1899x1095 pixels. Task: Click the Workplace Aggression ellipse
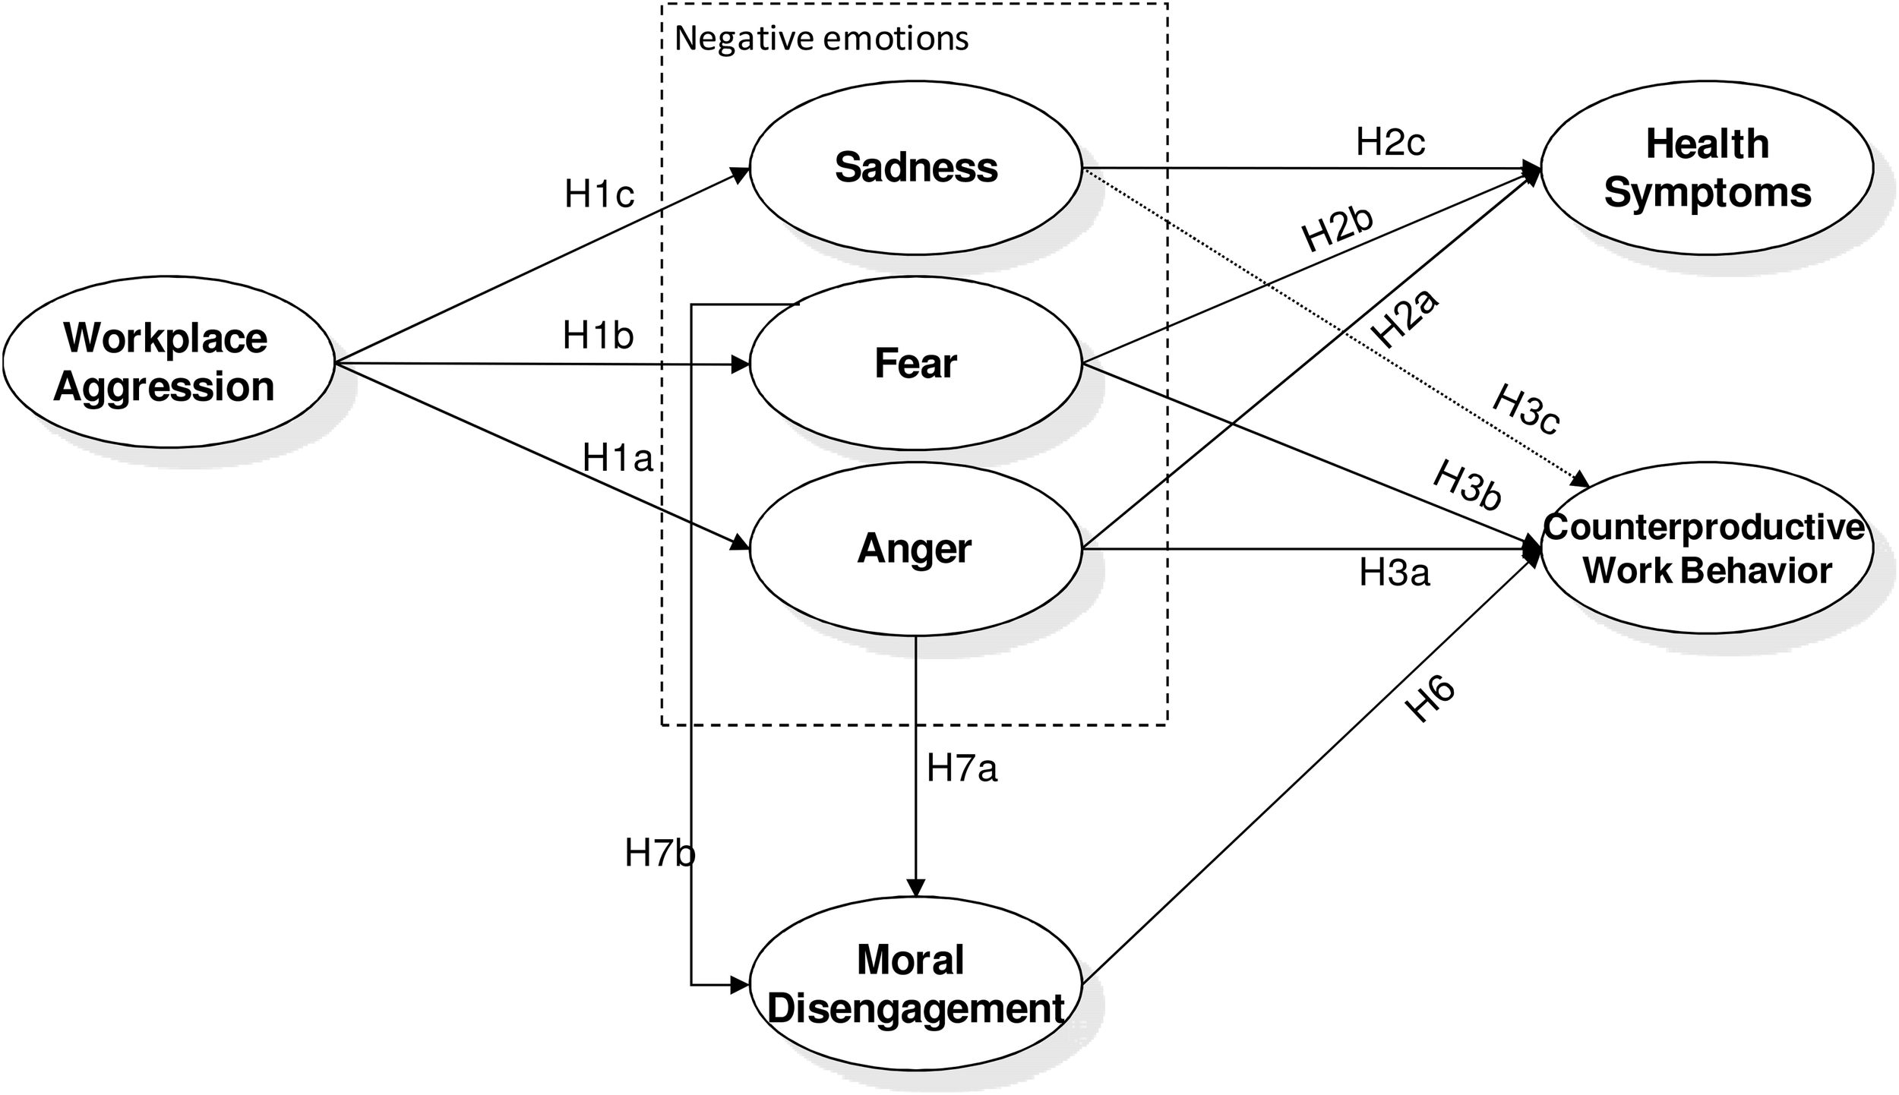tap(168, 362)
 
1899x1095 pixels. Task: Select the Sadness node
tap(915, 168)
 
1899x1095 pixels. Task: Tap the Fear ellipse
tap(915, 364)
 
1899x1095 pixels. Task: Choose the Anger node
tap(915, 548)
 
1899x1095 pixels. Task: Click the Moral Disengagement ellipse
tap(915, 985)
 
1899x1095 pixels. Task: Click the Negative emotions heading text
tap(821, 39)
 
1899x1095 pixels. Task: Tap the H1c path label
tap(599, 195)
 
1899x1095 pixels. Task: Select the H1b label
tap(598, 336)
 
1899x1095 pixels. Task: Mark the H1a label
tap(618, 458)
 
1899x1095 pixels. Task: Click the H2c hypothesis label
tap(1390, 142)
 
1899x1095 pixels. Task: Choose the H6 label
tap(1430, 699)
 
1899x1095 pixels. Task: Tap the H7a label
tap(961, 769)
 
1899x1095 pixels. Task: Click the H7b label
tap(659, 854)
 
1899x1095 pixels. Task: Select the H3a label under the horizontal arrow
tap(1394, 573)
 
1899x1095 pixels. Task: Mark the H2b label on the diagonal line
tap(1338, 229)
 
